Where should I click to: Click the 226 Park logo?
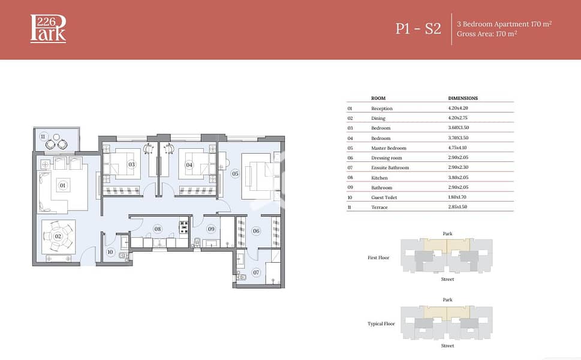[x=48, y=29]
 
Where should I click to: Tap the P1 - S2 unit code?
[x=419, y=29]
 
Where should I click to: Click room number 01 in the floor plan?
[x=62, y=185]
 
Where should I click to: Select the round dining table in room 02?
[x=58, y=236]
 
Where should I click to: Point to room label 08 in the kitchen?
[x=158, y=229]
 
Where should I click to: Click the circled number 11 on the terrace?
[x=43, y=136]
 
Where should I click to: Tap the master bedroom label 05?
[x=235, y=173]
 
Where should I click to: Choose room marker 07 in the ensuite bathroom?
[x=256, y=272]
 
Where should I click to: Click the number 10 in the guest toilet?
[x=110, y=252]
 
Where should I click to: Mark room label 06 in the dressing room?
[x=256, y=231]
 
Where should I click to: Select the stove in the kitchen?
[x=184, y=227]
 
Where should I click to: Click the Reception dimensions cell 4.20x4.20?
[x=458, y=108]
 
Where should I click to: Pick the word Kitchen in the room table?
[x=380, y=178]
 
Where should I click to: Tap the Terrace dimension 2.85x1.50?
[x=457, y=207]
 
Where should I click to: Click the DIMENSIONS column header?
[x=463, y=98]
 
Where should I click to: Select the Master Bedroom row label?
[x=389, y=148]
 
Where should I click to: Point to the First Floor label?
[x=378, y=257]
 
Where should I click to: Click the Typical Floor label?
[x=381, y=323]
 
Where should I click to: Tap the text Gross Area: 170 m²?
[x=487, y=34]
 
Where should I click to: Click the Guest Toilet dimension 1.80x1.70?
[x=457, y=197]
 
